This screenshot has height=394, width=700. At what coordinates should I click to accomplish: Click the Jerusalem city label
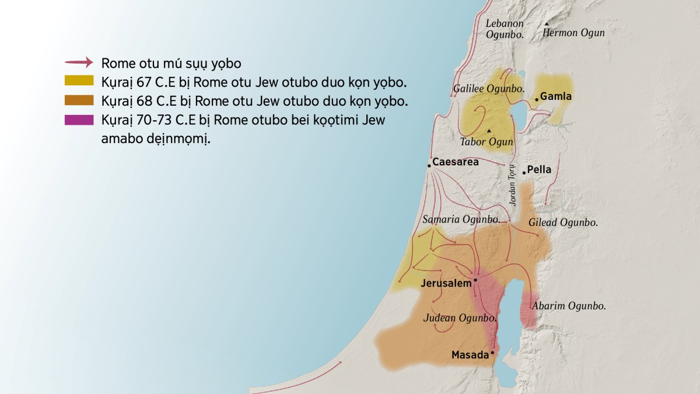point(446,283)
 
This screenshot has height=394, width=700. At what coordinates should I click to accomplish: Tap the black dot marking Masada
point(492,353)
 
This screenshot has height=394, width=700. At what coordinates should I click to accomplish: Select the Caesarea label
point(455,162)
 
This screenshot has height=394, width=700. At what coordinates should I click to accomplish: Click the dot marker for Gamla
point(537,99)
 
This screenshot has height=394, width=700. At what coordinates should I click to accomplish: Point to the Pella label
point(539,170)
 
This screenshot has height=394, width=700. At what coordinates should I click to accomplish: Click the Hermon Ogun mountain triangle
point(547,24)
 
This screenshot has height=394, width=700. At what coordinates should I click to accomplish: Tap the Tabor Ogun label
point(487,142)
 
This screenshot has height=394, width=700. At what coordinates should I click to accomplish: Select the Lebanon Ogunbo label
point(505,29)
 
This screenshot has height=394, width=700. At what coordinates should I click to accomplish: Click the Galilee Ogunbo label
point(489,89)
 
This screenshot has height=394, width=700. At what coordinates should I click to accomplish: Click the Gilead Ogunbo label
point(563,222)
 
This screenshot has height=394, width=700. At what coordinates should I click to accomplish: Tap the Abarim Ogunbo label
point(568,305)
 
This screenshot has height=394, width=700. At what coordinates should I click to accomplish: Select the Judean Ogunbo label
point(460,318)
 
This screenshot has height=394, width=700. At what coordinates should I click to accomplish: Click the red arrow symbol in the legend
point(79,62)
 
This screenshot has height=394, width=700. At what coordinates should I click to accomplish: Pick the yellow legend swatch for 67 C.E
point(79,81)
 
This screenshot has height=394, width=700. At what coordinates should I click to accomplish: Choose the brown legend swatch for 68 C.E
point(79,100)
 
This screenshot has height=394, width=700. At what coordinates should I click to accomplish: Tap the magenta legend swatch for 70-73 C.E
point(79,120)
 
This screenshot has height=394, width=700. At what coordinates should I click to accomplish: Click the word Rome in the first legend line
point(116,62)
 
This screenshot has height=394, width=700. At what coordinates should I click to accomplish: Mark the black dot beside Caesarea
point(429,166)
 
